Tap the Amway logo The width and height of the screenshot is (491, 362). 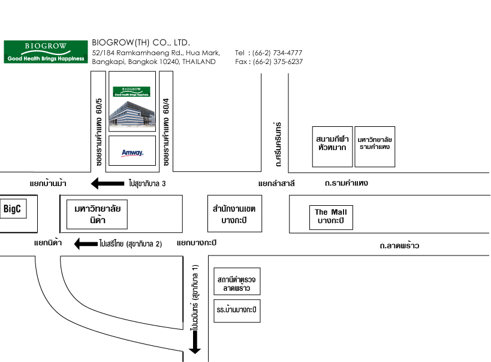pos(132,153)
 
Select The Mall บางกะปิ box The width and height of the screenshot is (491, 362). pos(331,218)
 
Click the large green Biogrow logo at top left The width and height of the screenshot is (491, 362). pos(46,52)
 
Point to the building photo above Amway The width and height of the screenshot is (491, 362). pos(132,114)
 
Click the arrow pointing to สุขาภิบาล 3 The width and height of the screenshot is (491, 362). pos(107,184)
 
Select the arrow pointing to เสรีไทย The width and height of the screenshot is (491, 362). pos(86,244)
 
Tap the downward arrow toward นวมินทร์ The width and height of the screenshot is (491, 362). pos(195,342)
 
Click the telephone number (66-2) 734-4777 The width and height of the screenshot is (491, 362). pos(277,53)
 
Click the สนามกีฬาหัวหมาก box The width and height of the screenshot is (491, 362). pos(332,147)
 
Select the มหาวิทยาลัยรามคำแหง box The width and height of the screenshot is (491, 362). pos(375,147)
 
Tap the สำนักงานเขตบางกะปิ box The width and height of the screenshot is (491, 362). pos(234,214)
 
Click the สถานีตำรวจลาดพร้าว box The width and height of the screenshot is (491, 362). pos(237,281)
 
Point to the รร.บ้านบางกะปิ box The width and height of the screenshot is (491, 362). pos(237,311)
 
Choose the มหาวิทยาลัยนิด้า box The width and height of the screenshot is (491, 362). pos(97,214)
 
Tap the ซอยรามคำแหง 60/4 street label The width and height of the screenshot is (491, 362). pos(166,132)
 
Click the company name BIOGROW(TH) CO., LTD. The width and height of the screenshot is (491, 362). pos(141,42)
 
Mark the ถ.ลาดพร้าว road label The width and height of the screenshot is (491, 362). pos(399,246)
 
